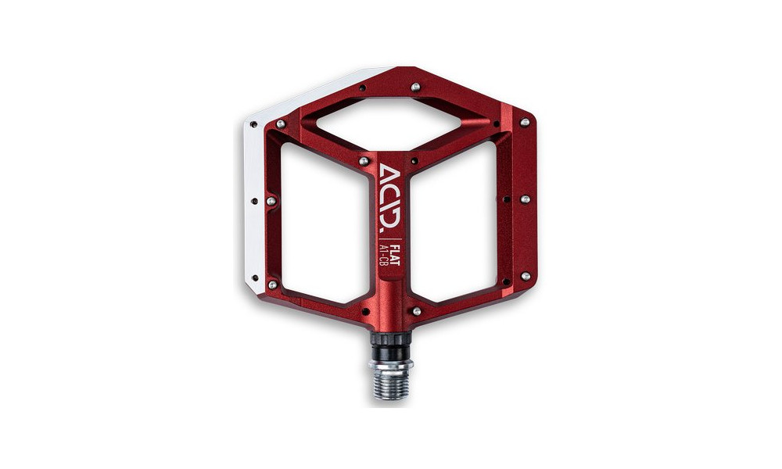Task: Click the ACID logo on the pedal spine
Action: (x=391, y=199)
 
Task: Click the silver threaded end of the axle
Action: (x=391, y=384)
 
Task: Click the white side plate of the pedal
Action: (x=256, y=203)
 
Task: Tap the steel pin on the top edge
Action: (x=414, y=88)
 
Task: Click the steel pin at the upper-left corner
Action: (x=280, y=124)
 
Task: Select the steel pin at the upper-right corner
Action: (x=525, y=123)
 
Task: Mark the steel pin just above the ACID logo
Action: (x=364, y=161)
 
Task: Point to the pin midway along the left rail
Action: (x=271, y=201)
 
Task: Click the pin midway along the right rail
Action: (x=525, y=199)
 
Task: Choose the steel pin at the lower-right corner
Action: (x=525, y=276)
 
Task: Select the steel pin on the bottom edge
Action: (x=416, y=311)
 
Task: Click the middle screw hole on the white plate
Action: (x=253, y=201)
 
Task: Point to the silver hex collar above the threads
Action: (x=391, y=363)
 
